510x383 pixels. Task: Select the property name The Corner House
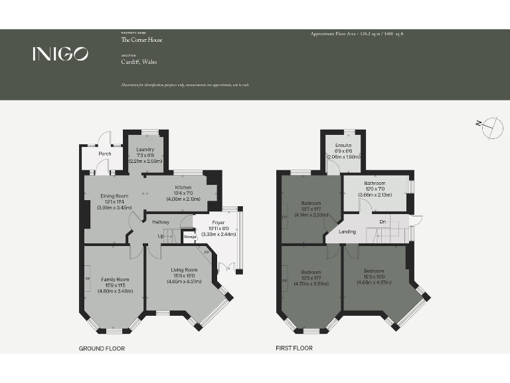coord(141,40)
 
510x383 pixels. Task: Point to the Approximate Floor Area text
coord(357,33)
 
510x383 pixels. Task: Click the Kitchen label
coord(183,188)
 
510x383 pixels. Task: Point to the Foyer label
coord(218,223)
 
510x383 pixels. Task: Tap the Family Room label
coord(114,279)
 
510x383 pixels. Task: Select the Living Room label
coord(175,269)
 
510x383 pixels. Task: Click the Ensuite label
coord(343,144)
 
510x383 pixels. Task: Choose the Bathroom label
coord(374,183)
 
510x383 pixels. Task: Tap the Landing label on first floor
coord(347,231)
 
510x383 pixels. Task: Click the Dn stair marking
coord(382,221)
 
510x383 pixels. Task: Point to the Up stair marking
coord(160,236)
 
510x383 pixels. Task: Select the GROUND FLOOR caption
coord(102,348)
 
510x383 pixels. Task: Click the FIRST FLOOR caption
coord(294,348)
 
